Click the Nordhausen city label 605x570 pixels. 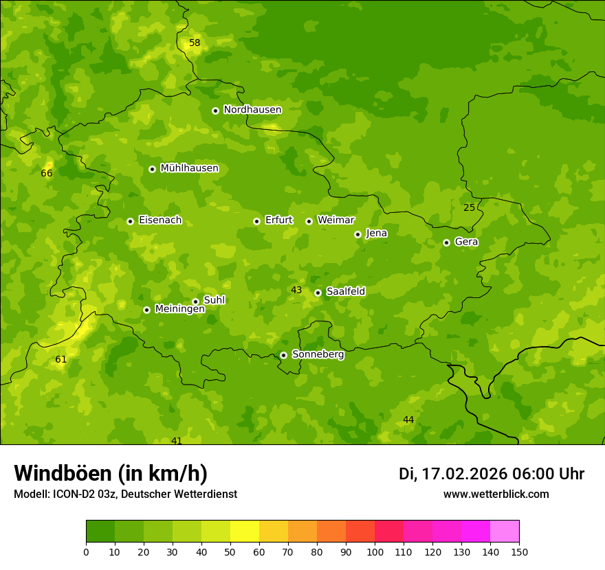pos(252,110)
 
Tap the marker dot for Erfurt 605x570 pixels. pos(256,221)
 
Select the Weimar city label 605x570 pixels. pos(335,220)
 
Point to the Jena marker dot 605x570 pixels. pos(357,234)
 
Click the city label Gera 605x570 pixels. pos(466,242)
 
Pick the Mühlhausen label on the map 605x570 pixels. pos(189,168)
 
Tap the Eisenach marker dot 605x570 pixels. pos(130,221)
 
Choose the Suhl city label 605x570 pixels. pos(214,300)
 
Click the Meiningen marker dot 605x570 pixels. pos(146,310)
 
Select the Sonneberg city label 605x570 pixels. pos(318,354)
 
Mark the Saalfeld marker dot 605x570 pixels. pos(318,293)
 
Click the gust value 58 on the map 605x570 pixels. pos(195,43)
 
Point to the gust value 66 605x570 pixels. pos(47,173)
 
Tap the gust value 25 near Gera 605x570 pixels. pos(469,207)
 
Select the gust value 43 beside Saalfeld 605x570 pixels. pos(296,290)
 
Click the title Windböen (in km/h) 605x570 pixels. pos(111,473)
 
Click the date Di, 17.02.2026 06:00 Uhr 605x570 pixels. pos(492,474)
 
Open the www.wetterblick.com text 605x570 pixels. pos(496,494)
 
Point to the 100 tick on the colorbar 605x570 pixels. pos(375,551)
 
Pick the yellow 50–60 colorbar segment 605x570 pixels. pos(245,532)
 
